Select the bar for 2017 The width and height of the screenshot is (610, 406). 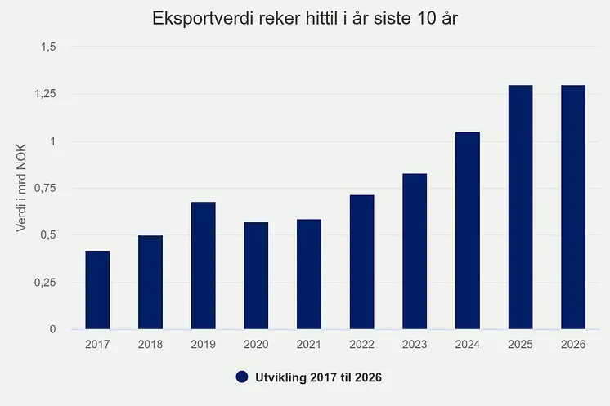click(x=97, y=290)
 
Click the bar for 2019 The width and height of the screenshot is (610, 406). click(x=203, y=265)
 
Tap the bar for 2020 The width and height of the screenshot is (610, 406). click(x=256, y=276)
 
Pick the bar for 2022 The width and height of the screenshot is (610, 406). click(x=361, y=262)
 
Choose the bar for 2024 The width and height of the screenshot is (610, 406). click(x=468, y=231)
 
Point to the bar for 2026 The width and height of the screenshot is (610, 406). click(x=573, y=207)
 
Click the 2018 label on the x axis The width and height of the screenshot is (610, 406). click(x=150, y=344)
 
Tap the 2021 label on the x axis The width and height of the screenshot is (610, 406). click(x=309, y=344)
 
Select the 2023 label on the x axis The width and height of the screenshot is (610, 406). click(x=415, y=344)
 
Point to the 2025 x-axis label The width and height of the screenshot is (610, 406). click(x=521, y=344)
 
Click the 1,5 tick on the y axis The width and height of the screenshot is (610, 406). click(x=48, y=47)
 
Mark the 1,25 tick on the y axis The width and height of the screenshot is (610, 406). click(x=45, y=94)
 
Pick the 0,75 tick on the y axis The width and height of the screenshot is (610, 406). click(x=45, y=188)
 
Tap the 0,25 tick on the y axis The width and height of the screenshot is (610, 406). click(x=45, y=283)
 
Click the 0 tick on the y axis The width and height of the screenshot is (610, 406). click(x=52, y=329)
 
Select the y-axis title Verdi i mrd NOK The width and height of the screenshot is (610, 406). click(x=21, y=188)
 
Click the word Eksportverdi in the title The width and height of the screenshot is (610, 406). click(x=203, y=18)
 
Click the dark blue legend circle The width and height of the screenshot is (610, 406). click(x=242, y=377)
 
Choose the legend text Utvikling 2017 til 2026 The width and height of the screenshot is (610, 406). click(x=318, y=377)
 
